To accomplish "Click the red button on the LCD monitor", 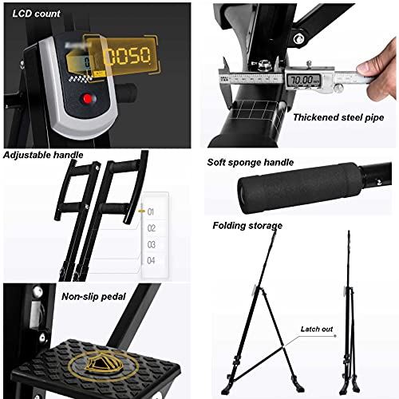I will (87, 101).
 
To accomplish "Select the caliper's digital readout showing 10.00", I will (304, 81).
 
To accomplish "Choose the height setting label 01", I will (152, 211).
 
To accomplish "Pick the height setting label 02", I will (152, 227).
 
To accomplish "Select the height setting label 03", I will (152, 244).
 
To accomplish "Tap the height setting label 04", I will (152, 260).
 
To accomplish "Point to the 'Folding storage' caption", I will (248, 226).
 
